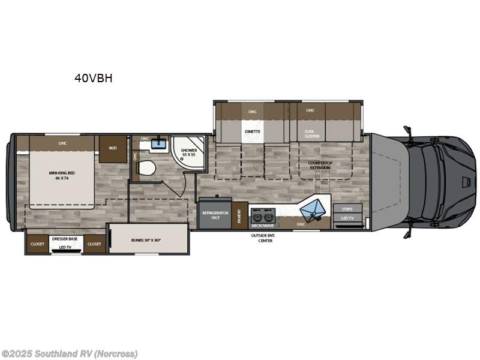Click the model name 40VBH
click(x=94, y=78)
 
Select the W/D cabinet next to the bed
click(x=112, y=148)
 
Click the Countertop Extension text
click(x=320, y=165)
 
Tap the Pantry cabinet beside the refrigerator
click(x=239, y=215)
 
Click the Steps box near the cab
click(x=347, y=209)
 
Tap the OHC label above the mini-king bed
click(x=62, y=143)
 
